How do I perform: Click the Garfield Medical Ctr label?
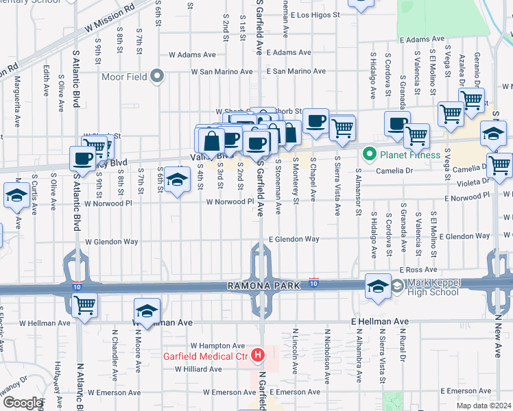[x=204, y=356]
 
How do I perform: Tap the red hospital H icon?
[x=257, y=355]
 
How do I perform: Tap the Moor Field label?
[x=124, y=76]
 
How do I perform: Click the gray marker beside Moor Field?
[x=158, y=76]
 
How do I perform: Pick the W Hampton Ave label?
[x=217, y=346]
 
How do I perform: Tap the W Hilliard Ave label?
[x=198, y=369]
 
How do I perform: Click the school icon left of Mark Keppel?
[x=377, y=287]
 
